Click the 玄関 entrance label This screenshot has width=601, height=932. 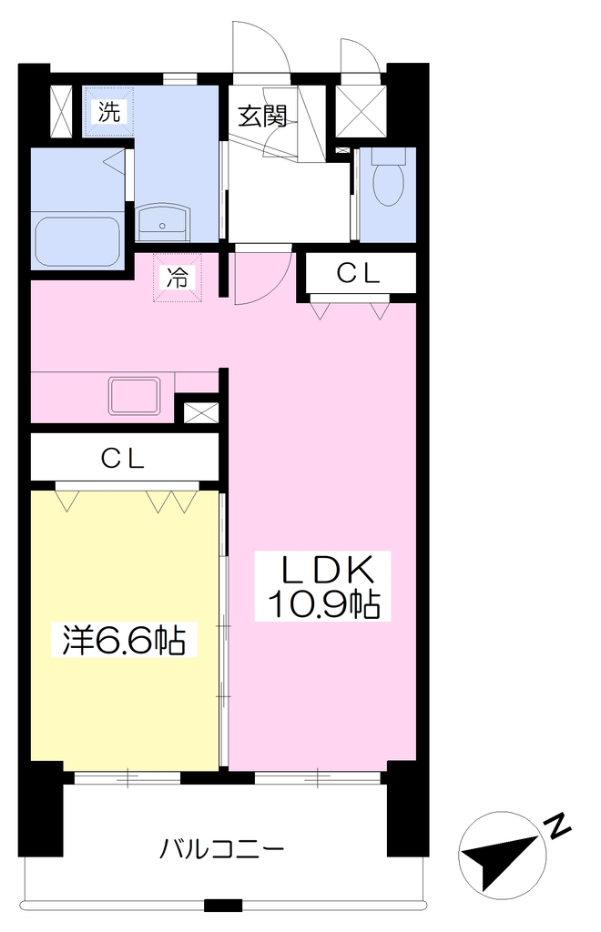point(262,116)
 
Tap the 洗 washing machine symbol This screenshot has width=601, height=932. point(108,112)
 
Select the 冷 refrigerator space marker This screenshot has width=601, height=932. point(178,278)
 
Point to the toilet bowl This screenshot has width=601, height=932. point(388,176)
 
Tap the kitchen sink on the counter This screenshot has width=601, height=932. point(134,396)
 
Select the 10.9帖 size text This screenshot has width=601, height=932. point(323,604)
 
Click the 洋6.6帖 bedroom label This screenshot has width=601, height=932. point(124,640)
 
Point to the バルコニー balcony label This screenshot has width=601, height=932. point(221,849)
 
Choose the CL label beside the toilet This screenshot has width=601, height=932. point(358,273)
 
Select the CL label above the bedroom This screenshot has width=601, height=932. point(122,459)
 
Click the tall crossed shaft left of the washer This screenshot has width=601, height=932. point(61,112)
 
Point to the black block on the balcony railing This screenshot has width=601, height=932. point(223,906)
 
